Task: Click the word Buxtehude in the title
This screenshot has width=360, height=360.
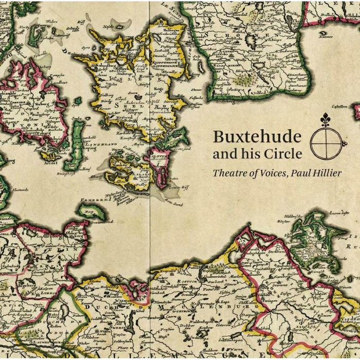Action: tap(257, 137)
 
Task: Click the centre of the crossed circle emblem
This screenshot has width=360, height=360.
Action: tap(325, 143)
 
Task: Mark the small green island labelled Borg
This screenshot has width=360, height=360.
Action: tap(89, 211)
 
